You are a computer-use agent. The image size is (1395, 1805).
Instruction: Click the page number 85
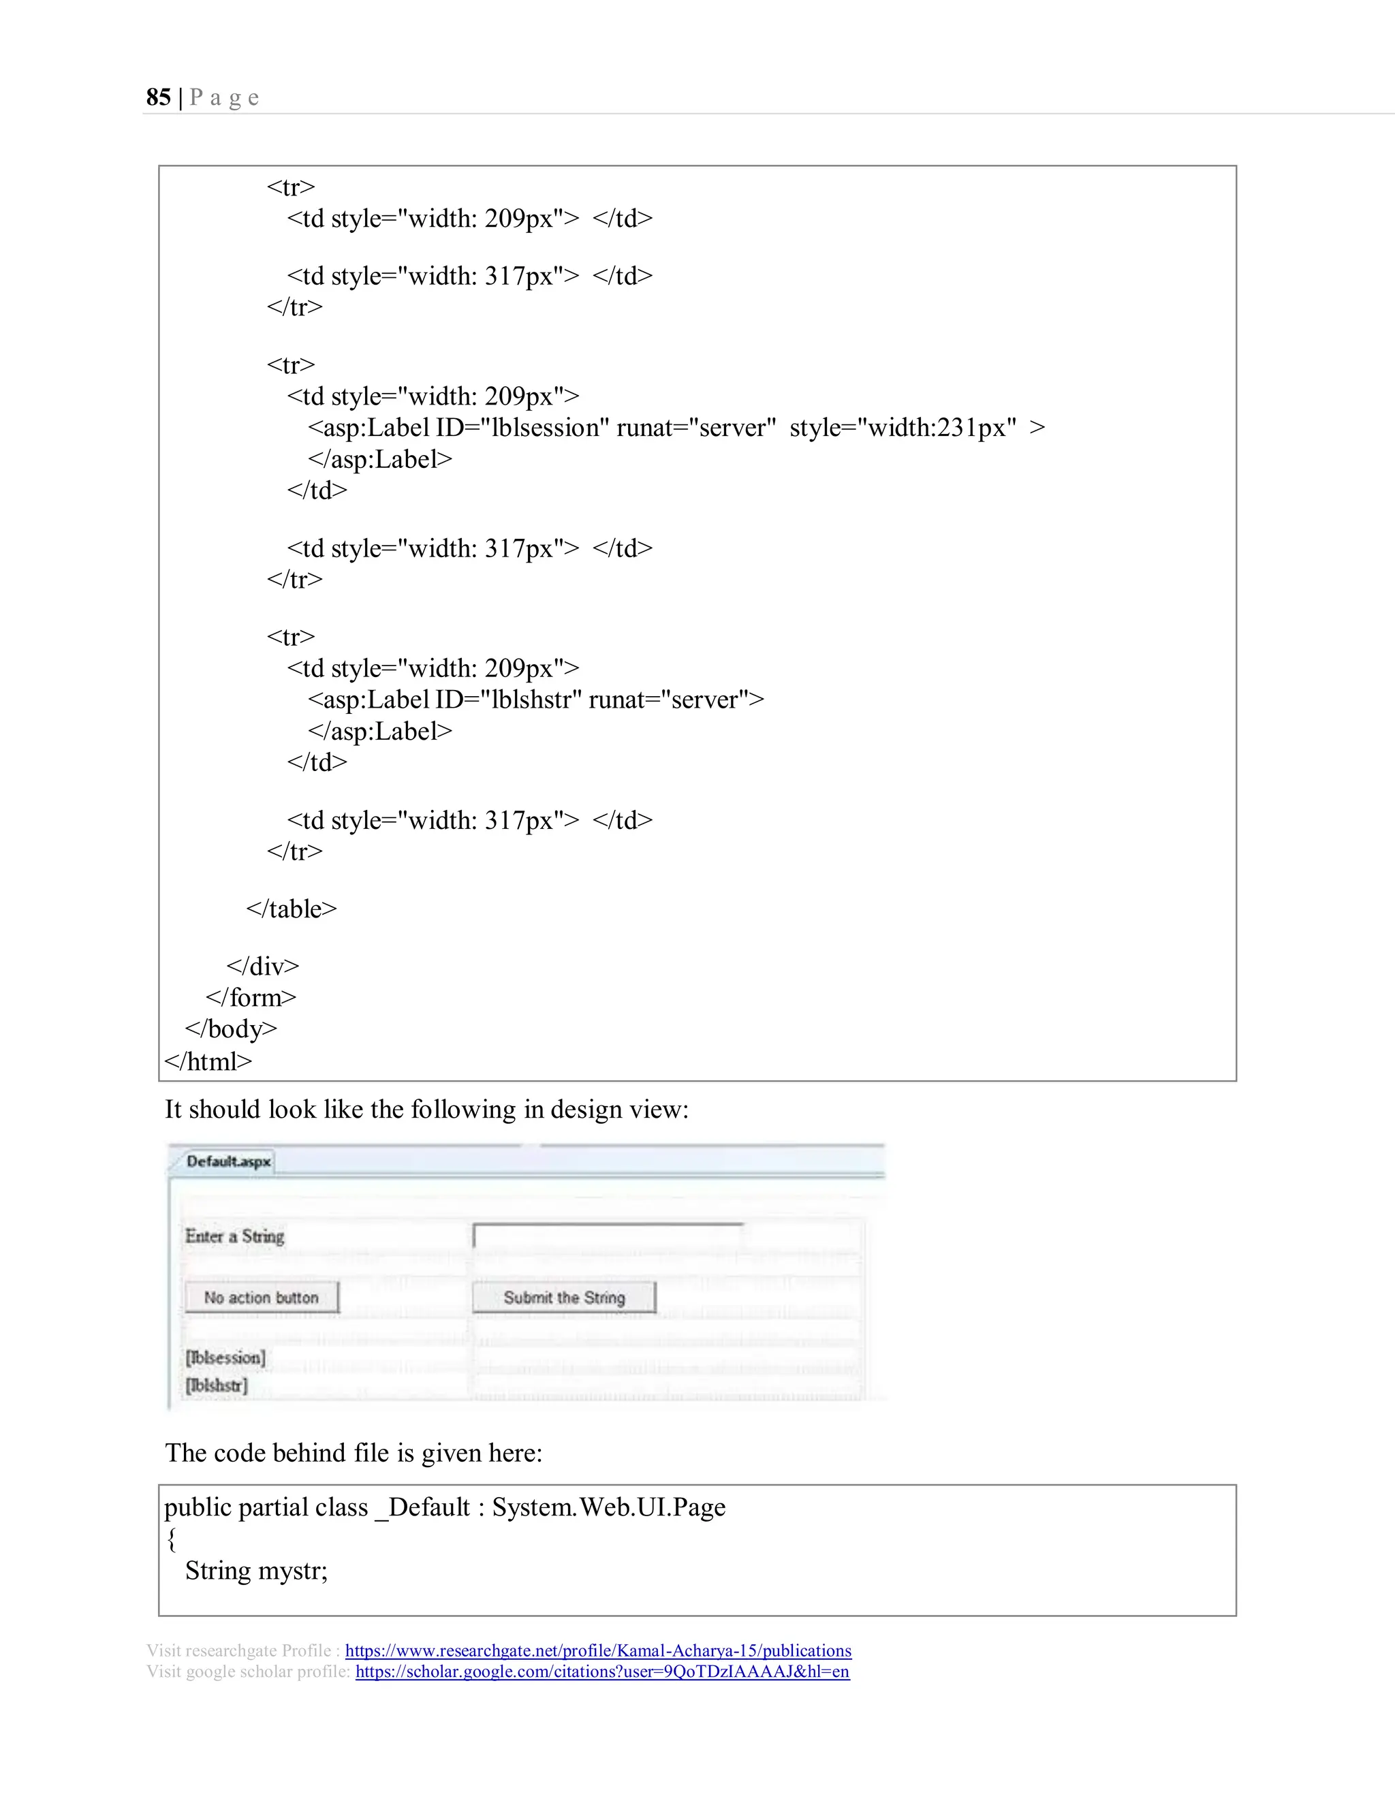coord(158,97)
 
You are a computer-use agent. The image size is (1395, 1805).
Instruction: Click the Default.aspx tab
coord(228,1161)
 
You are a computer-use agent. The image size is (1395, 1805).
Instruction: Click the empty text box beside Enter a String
coord(608,1236)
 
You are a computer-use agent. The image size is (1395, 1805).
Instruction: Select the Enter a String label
coord(235,1236)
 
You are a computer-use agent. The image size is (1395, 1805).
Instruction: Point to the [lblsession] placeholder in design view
coord(225,1357)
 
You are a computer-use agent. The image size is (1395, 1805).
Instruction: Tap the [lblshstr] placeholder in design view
coord(216,1385)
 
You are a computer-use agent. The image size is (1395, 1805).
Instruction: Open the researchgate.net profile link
coord(597,1650)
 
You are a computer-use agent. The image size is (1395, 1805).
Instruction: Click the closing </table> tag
coord(291,909)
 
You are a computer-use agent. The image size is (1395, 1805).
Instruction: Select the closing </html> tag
coord(208,1061)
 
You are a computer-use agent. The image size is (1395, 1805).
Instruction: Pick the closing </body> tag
coord(231,1029)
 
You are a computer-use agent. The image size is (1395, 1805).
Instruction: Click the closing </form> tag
coord(251,998)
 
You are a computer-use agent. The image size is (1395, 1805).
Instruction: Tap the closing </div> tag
coord(262,966)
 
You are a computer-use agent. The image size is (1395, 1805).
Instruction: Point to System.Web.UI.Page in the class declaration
coord(608,1507)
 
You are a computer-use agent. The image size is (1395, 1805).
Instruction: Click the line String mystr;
coord(256,1570)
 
